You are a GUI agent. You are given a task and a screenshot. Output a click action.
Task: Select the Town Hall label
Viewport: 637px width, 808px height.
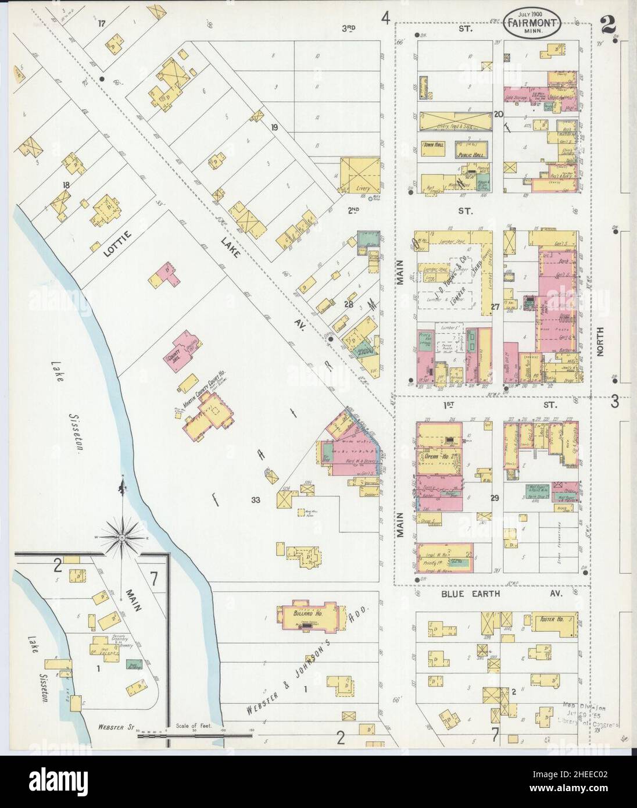coord(432,145)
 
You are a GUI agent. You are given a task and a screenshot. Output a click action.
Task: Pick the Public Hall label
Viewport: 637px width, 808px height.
coord(469,148)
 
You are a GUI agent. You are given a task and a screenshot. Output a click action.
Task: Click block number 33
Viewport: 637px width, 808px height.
coord(255,499)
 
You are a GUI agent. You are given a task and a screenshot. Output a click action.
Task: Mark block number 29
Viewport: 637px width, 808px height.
coord(495,498)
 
